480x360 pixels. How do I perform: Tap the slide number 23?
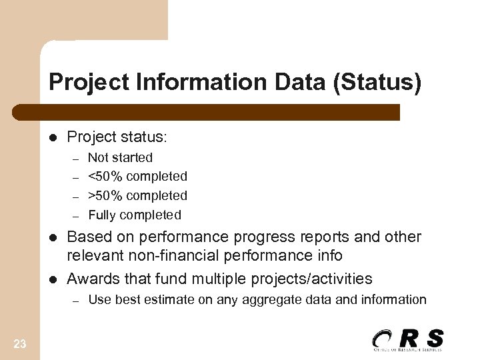point(20,344)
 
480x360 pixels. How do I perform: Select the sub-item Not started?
point(120,158)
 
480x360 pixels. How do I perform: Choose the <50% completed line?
point(137,177)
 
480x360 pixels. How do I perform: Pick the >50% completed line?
point(137,196)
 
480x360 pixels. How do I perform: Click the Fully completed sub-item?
point(134,215)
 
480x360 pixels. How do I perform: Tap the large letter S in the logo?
point(434,338)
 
